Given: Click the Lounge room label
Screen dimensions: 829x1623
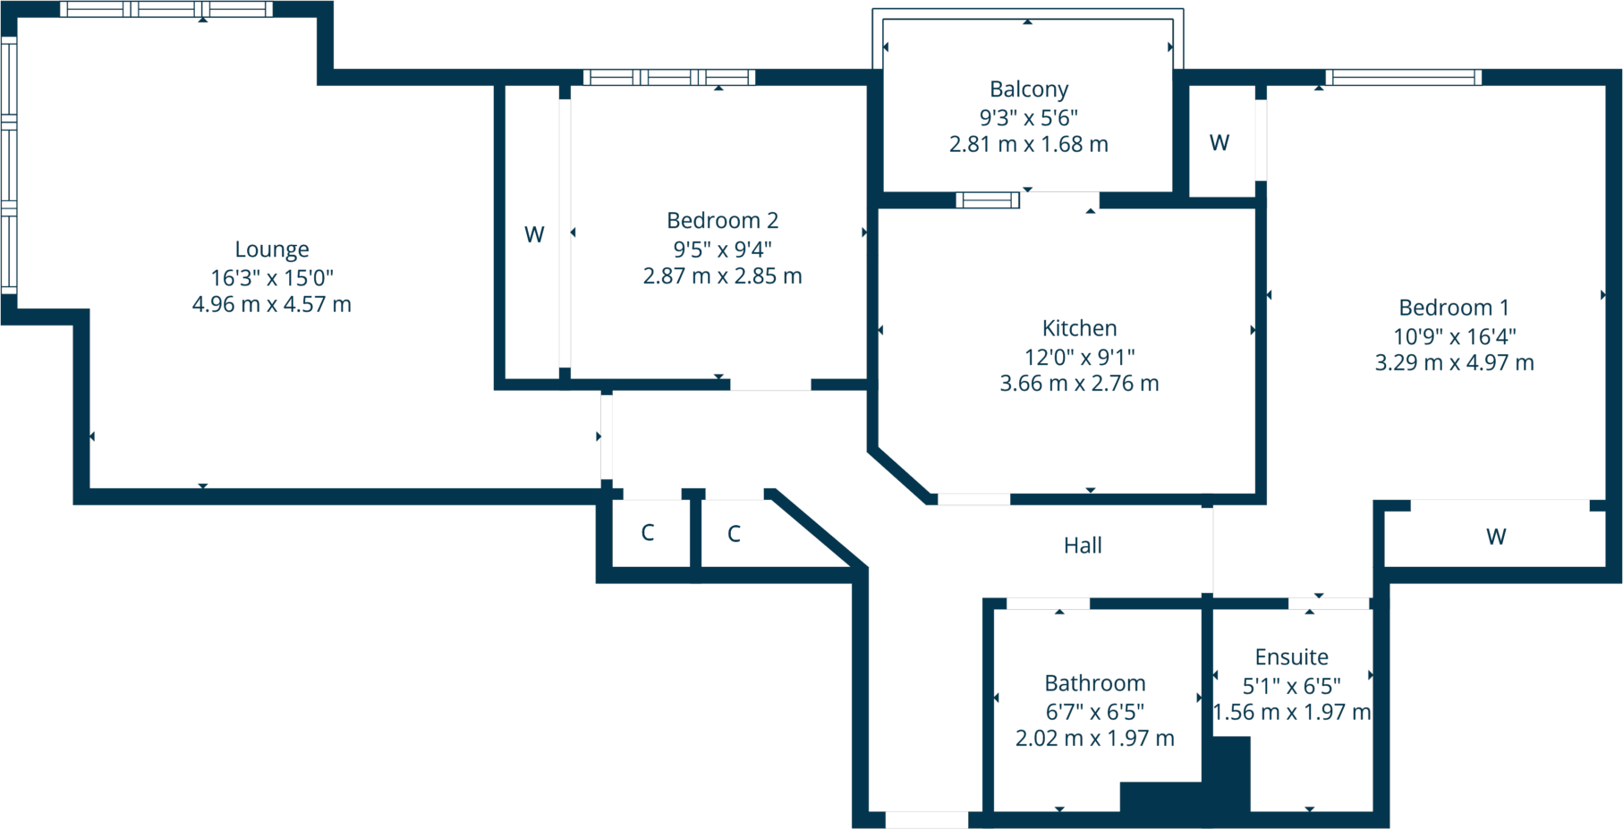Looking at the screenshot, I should (272, 249).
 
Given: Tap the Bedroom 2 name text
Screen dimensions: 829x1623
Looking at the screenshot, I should (722, 220).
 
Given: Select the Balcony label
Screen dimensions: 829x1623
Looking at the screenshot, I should (1028, 89).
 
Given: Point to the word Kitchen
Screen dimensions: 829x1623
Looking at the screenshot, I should (1079, 328).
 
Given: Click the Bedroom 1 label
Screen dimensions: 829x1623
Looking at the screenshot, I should (1454, 308).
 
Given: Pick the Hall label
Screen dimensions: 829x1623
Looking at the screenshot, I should (1083, 546).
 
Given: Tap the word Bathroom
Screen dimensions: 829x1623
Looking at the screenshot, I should (1095, 683).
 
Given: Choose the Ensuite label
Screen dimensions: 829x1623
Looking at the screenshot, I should (1291, 657).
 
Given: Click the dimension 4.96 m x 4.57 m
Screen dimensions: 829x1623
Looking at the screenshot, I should (272, 304).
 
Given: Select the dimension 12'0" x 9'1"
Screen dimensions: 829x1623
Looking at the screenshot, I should (1079, 357).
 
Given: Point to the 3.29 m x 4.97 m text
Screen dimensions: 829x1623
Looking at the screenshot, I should (1454, 362).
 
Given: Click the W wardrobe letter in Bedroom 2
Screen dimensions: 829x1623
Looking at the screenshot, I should (534, 234).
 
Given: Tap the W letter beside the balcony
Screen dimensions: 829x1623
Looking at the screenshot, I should (1219, 143).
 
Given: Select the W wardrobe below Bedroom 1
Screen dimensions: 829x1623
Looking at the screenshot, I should (1496, 537).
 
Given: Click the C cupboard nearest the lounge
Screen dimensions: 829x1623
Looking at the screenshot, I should (648, 533).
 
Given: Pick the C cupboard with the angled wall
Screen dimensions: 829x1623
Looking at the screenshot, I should (734, 534).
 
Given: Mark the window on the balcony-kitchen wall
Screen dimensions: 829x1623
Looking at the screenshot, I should (988, 200).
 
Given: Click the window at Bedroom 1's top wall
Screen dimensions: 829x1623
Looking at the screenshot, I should (1403, 78).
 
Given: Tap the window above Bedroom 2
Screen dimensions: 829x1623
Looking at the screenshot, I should (669, 78).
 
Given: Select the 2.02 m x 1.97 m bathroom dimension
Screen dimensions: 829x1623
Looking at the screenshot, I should (1095, 738).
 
